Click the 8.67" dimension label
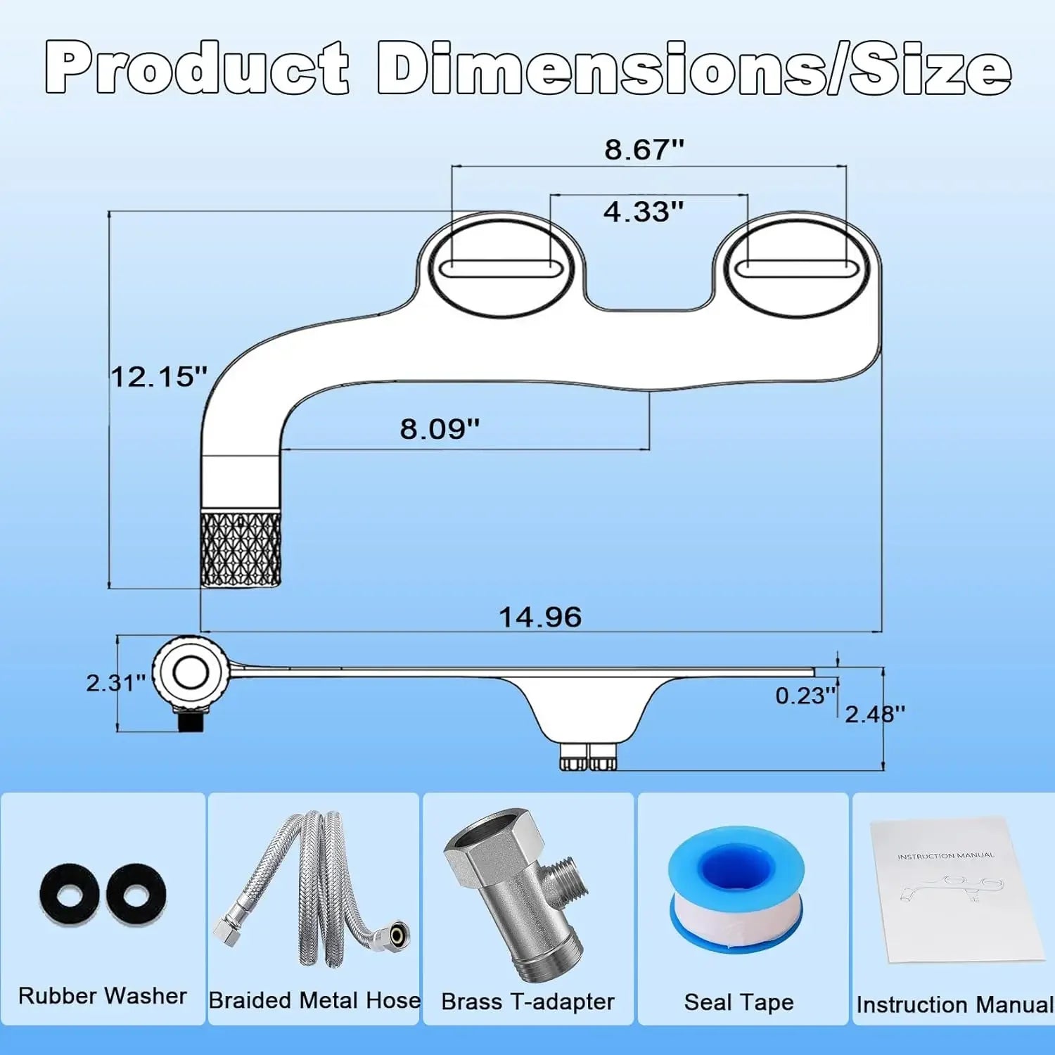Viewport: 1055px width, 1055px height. [644, 150]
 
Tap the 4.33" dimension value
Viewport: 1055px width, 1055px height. [644, 211]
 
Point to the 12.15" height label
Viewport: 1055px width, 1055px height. [160, 376]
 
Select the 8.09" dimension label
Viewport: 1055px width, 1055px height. [440, 428]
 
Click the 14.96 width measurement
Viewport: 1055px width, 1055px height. [540, 618]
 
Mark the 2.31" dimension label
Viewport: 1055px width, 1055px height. [116, 682]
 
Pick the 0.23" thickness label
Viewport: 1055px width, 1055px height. [806, 696]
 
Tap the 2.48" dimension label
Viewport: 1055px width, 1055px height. [875, 714]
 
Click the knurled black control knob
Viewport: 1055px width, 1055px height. [241, 549]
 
